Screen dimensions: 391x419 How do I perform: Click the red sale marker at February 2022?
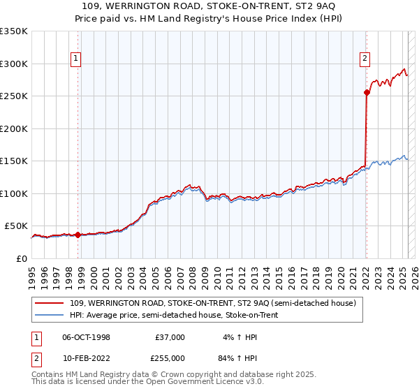coord(367,92)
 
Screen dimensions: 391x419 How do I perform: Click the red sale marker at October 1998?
coord(78,235)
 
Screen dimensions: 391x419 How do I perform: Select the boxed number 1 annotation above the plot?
coord(75,59)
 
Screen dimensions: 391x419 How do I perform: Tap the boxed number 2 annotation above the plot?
coord(365,59)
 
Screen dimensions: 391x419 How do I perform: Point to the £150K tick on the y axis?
coord(15,161)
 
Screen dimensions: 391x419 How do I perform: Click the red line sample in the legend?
coord(50,304)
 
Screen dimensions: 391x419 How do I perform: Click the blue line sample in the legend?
coord(50,316)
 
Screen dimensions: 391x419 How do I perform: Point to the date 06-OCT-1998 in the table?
coord(87,337)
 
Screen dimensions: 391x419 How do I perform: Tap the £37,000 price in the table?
coord(170,337)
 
